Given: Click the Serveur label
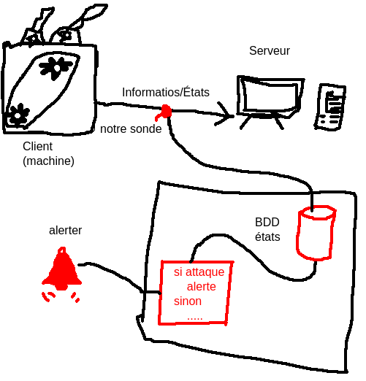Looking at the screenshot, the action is click(x=270, y=51).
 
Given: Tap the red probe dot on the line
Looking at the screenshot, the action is click(x=166, y=112).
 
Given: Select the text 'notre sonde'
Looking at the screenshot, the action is click(x=131, y=129).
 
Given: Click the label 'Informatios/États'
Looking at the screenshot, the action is click(x=166, y=92).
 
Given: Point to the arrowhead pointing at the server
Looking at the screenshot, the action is click(x=225, y=115).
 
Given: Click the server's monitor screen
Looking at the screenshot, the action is click(x=271, y=97).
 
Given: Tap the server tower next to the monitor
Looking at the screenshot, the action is click(x=330, y=107).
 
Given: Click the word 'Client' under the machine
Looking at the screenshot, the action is click(x=37, y=147).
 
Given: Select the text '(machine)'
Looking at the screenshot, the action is click(x=48, y=161).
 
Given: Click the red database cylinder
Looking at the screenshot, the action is click(x=316, y=233).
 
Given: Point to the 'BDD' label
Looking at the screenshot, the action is click(x=267, y=222).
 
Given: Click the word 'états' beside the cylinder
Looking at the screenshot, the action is click(x=267, y=236).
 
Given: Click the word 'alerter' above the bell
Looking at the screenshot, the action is click(x=65, y=230).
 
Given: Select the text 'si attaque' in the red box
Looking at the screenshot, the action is click(x=199, y=272).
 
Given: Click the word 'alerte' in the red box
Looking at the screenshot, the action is click(x=201, y=287).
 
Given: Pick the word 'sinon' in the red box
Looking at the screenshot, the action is click(x=188, y=301).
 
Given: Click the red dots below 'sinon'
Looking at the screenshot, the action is click(x=195, y=318).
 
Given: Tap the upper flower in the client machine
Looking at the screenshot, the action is click(x=56, y=68).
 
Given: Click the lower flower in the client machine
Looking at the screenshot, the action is click(x=18, y=115).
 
